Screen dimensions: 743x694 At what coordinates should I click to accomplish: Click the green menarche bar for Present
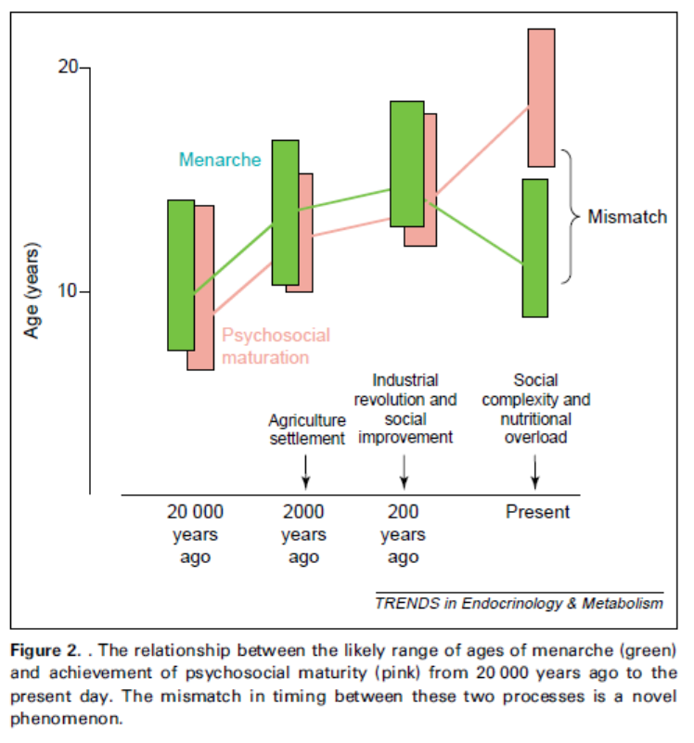534,248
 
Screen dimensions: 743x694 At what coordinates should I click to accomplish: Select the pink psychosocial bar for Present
541,97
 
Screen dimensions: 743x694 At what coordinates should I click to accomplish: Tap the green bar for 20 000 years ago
181,275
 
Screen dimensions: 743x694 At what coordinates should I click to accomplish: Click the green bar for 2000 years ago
285,211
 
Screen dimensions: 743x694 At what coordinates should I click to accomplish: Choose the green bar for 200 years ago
406,163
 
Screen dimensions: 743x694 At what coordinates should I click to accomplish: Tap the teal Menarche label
220,160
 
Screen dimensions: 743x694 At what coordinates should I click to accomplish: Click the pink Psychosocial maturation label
276,346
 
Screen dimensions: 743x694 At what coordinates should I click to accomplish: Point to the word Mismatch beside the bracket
627,217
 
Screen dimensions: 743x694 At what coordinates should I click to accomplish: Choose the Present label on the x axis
537,511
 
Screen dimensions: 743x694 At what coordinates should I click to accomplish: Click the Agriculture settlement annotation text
307,429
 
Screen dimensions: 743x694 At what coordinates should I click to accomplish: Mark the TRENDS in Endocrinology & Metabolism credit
519,604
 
